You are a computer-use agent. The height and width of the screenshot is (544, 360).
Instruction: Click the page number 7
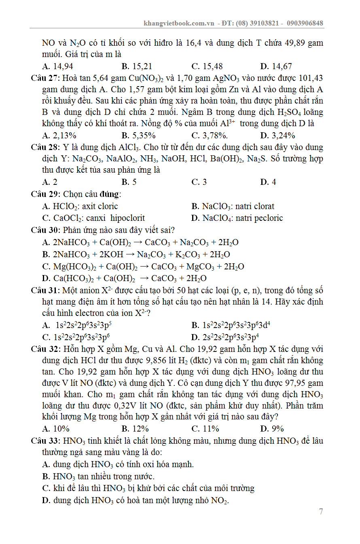(321, 512)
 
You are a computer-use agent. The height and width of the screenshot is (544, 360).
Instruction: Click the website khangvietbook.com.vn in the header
(179, 23)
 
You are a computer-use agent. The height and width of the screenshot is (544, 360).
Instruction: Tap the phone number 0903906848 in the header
(305, 23)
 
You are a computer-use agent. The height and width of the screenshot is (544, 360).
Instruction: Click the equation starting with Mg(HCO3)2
(148, 267)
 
